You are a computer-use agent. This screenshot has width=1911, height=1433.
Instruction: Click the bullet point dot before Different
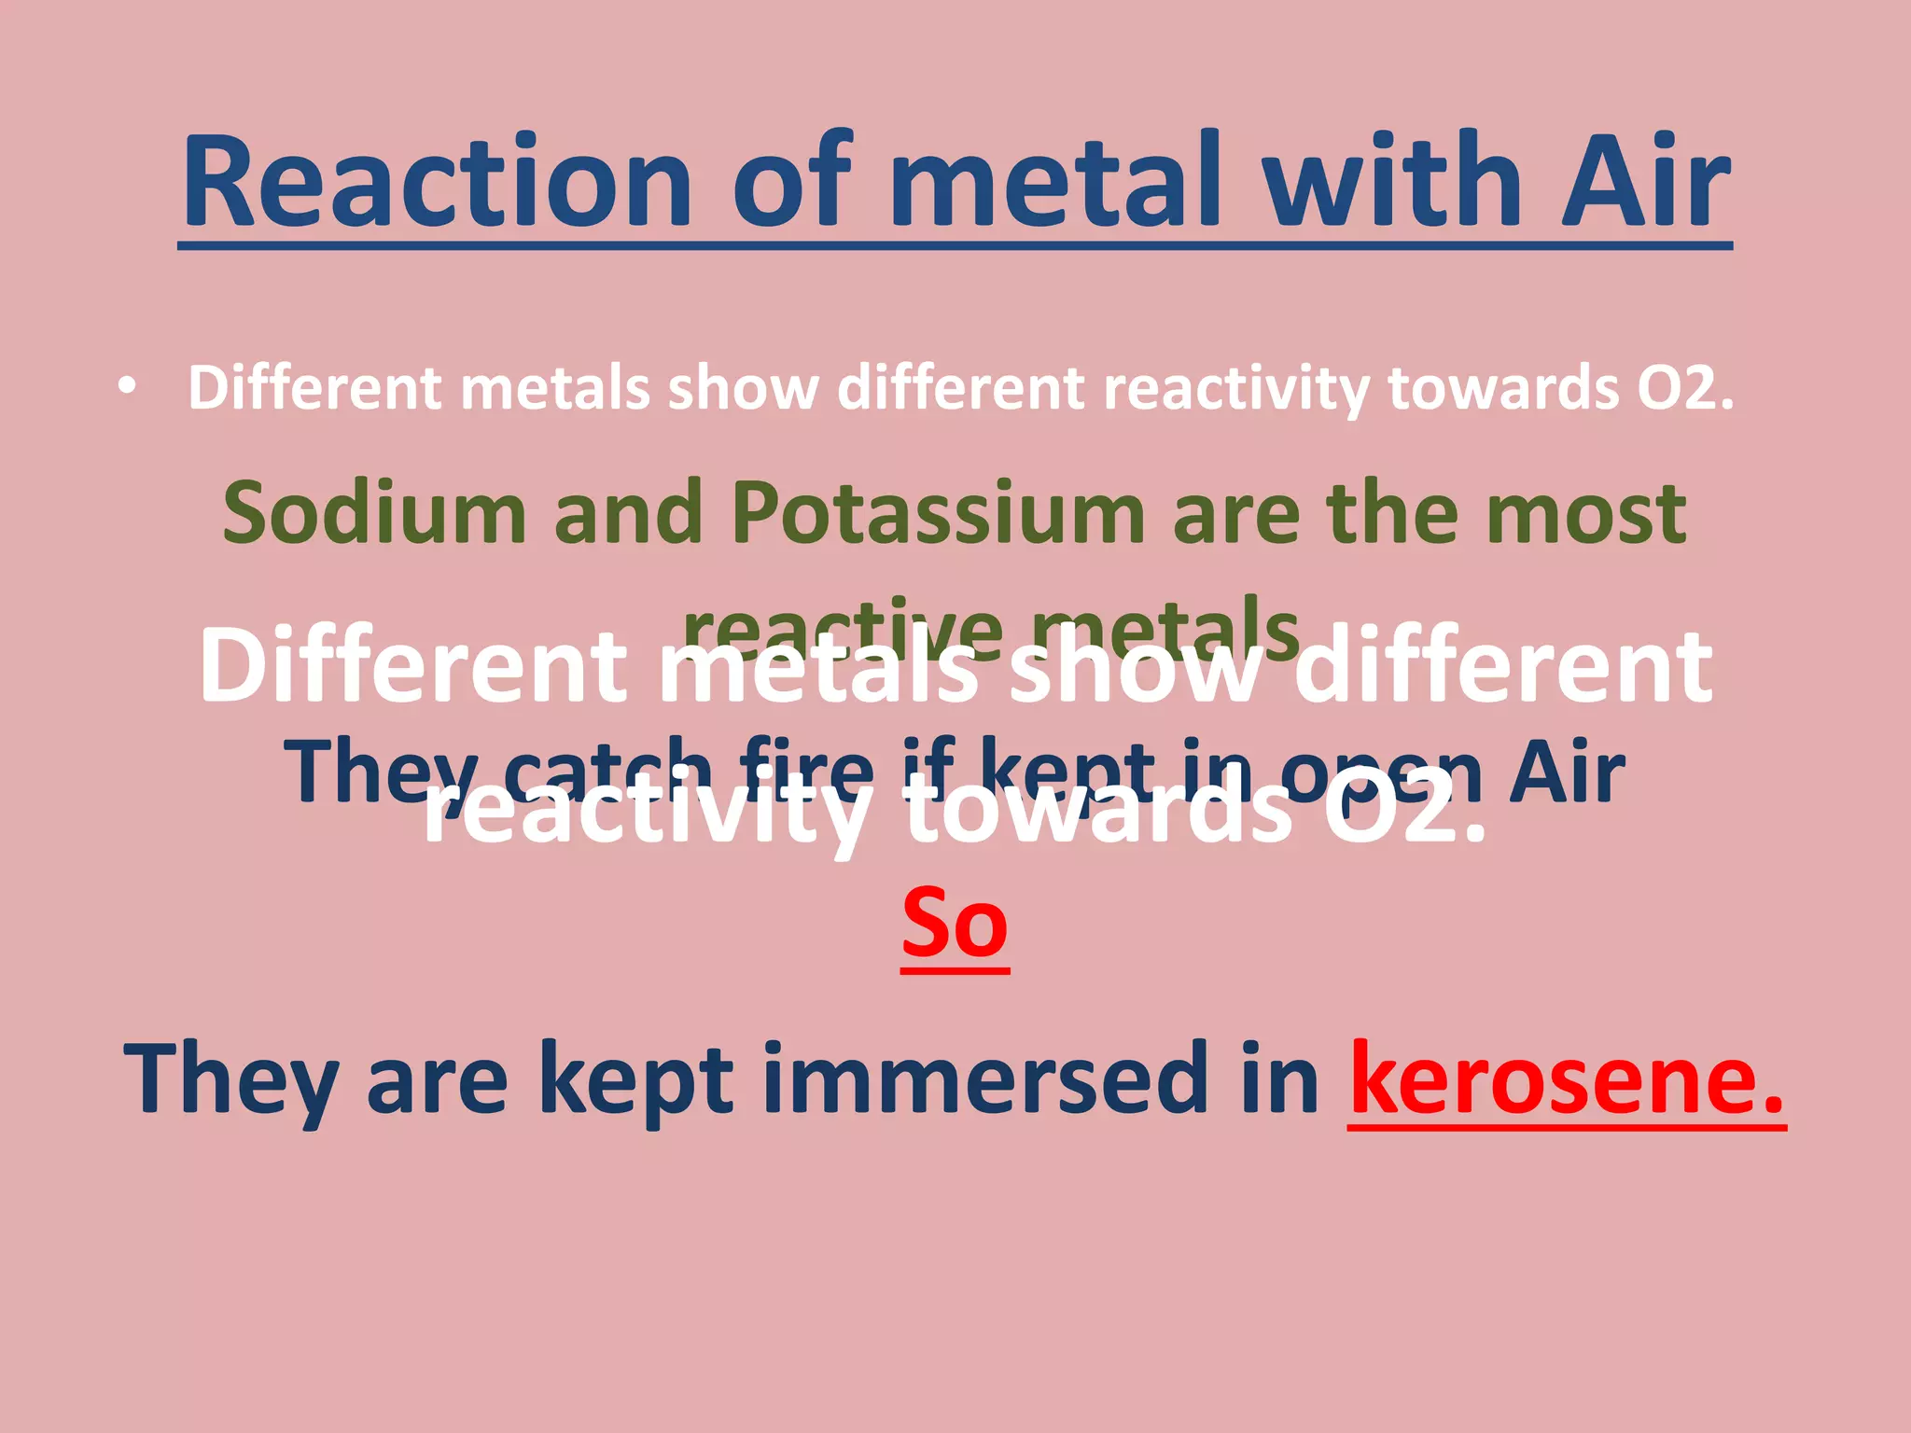[128, 386]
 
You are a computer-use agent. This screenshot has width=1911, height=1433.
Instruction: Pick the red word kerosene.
[1566, 1079]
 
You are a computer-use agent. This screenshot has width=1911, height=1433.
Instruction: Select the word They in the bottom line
[230, 1079]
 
